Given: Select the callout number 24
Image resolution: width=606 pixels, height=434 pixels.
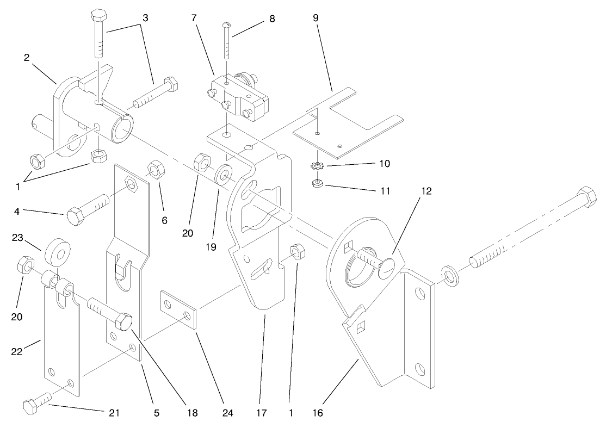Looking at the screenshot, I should (227, 413).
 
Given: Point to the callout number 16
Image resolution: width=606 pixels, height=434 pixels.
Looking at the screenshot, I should (318, 413).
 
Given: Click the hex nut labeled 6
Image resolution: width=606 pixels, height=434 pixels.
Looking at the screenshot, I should (155, 170).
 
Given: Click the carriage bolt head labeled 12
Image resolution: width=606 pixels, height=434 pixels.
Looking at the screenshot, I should (389, 268).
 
